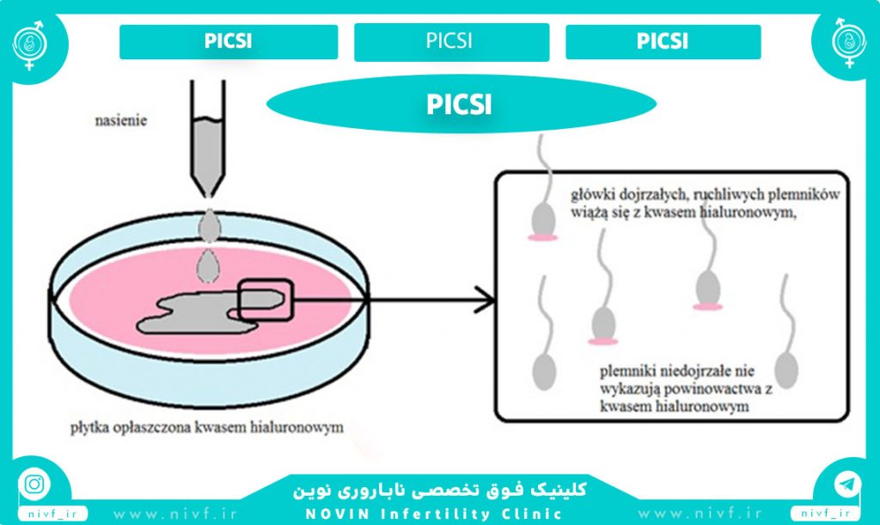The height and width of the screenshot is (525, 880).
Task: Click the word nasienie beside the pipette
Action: (x=120, y=120)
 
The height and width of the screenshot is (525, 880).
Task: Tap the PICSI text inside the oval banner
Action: (x=459, y=104)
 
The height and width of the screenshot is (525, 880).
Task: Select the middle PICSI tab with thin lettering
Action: (x=449, y=40)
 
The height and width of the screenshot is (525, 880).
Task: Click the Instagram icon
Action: (x=34, y=484)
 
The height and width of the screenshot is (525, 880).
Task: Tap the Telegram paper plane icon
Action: (x=846, y=484)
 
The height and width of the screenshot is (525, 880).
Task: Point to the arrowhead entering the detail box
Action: (x=486, y=299)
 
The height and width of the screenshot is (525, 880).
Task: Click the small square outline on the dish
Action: (x=266, y=300)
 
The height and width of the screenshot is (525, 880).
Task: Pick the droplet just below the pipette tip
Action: (x=210, y=225)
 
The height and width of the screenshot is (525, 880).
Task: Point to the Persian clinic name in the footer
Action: (x=439, y=490)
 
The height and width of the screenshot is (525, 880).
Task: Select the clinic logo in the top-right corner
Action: (x=849, y=43)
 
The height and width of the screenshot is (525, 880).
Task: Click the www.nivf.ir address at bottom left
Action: (x=174, y=514)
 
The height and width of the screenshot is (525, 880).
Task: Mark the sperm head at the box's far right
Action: (x=786, y=369)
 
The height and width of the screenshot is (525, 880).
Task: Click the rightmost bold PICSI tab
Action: (x=663, y=41)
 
